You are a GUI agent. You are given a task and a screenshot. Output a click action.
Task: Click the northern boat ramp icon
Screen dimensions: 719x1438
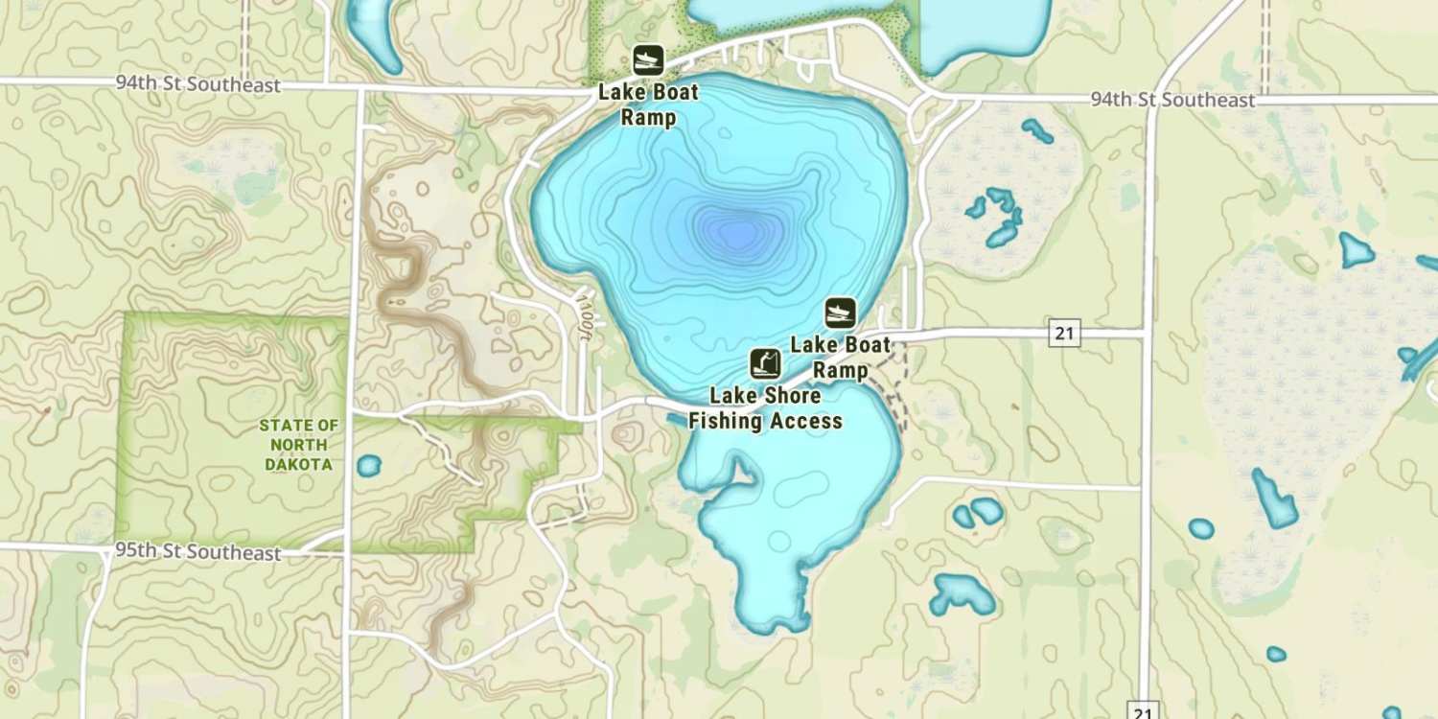click(648, 60)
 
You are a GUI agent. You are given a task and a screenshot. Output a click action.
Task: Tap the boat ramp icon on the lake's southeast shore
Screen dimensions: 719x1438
click(840, 313)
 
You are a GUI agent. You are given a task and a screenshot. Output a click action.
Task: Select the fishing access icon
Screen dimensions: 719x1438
click(764, 364)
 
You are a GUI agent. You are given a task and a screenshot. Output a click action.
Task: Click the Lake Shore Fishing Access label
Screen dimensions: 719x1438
click(765, 408)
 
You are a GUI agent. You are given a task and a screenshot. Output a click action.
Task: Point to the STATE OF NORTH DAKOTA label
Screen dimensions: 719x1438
click(299, 445)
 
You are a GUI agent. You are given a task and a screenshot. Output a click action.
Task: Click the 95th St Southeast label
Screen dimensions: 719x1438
click(198, 552)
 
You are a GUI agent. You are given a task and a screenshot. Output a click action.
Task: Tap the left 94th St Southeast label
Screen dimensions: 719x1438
click(198, 84)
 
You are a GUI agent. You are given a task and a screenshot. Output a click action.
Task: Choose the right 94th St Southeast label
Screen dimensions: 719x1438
click(1172, 100)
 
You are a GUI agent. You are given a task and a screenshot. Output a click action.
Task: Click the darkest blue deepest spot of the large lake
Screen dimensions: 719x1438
click(736, 231)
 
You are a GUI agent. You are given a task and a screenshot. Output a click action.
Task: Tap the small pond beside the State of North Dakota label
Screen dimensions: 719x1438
click(369, 467)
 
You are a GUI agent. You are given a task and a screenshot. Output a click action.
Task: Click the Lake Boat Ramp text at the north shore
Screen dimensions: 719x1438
click(648, 105)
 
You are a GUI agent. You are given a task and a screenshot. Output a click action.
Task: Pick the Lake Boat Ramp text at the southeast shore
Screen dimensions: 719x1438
click(841, 357)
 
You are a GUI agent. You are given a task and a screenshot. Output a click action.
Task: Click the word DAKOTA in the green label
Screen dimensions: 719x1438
click(300, 465)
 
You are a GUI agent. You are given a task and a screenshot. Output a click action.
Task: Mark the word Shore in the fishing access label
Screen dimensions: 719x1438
click(792, 396)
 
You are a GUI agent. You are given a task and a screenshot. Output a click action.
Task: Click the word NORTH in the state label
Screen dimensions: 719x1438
click(299, 445)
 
